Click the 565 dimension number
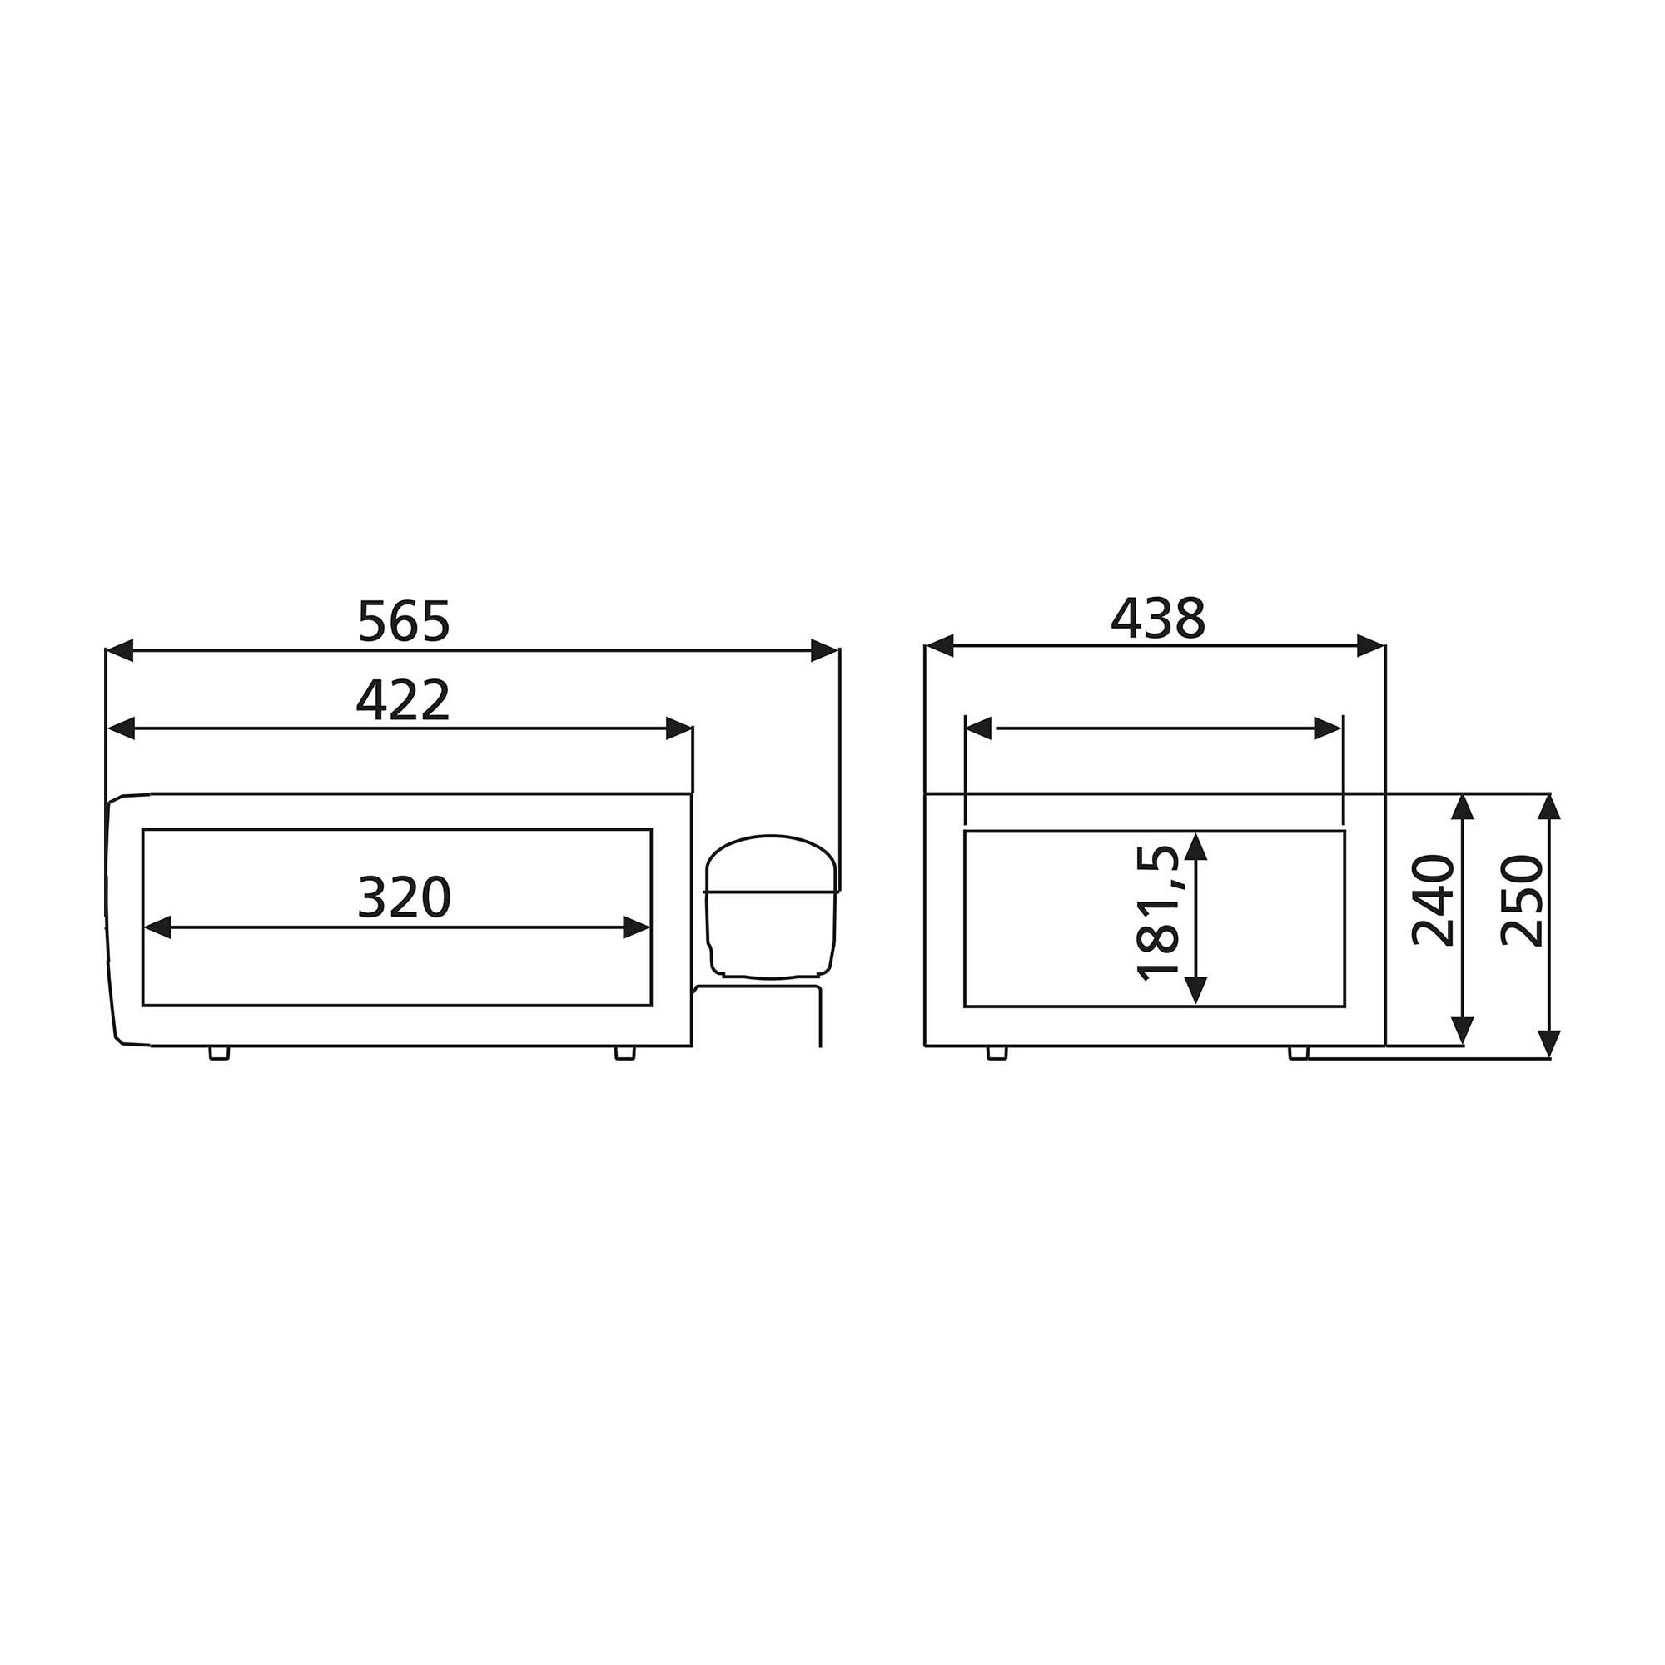(403, 621)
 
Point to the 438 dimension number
(1157, 619)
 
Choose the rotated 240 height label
(1434, 900)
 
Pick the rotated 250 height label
(1521, 900)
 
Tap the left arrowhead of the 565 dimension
(119, 650)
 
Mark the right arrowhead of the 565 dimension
(825, 650)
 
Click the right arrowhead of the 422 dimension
(680, 729)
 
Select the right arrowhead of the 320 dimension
(637, 928)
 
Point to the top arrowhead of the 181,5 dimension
(1196, 847)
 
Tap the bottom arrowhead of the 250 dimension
(1548, 1044)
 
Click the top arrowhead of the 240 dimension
(1462, 808)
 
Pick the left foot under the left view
(220, 1053)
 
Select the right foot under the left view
(625, 1053)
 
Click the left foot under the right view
(997, 1053)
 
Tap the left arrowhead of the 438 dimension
(939, 644)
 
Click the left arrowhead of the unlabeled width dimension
(979, 728)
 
